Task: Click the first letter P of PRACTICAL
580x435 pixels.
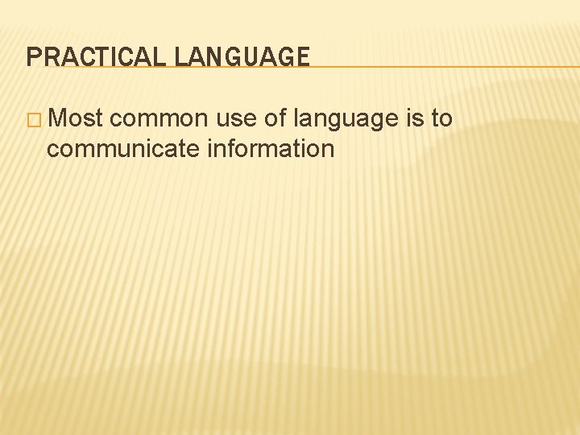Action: (32, 56)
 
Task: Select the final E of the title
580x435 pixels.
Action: (302, 56)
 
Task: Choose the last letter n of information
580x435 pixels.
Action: (328, 150)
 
